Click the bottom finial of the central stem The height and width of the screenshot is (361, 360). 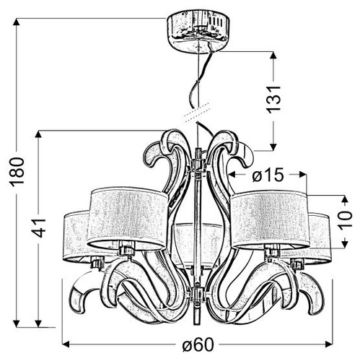[x=196, y=316]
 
